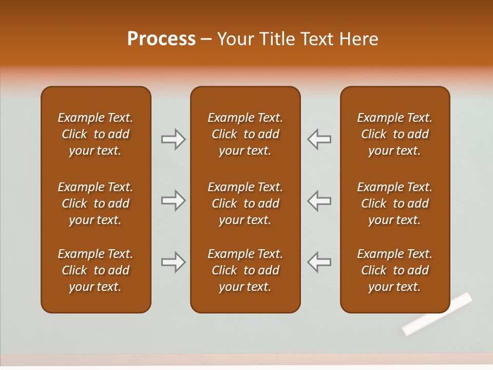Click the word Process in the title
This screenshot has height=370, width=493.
[x=161, y=39]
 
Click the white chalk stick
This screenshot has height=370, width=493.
[x=437, y=313]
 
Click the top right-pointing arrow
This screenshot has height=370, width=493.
[x=173, y=139]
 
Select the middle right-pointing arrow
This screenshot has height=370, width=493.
[x=173, y=200]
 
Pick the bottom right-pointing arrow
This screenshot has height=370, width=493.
[x=173, y=262]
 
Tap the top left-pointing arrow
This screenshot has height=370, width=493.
[x=319, y=139]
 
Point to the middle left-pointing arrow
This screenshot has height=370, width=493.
[x=319, y=200]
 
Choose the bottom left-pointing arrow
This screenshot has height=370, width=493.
[x=319, y=262]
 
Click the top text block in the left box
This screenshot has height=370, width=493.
[x=95, y=134]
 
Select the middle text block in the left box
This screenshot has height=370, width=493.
[x=95, y=203]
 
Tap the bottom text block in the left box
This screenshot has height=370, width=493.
[x=95, y=270]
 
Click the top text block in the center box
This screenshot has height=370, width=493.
[x=245, y=134]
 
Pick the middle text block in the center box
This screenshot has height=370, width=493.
[x=245, y=203]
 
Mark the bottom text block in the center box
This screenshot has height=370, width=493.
[x=245, y=270]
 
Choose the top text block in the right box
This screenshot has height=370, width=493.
[x=394, y=134]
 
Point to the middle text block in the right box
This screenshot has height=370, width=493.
[x=394, y=203]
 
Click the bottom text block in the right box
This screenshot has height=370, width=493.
[x=394, y=270]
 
